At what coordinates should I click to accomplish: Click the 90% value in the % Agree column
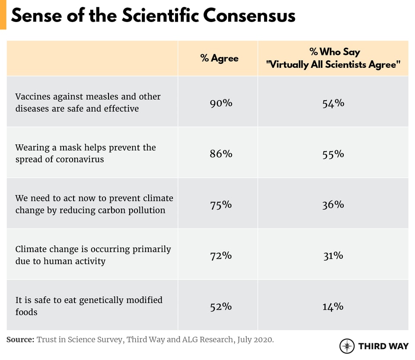tap(221, 103)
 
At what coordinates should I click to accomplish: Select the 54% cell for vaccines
tap(333, 103)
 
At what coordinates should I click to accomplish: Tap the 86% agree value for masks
tap(221, 153)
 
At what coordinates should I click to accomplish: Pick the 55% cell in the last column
tap(333, 153)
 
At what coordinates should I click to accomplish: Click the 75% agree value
tap(221, 204)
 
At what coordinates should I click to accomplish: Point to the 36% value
tap(333, 204)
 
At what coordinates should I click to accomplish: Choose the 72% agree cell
tap(221, 255)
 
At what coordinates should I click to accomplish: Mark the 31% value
tap(333, 255)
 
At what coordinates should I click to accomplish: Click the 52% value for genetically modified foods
tap(221, 306)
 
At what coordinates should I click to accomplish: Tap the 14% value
tap(333, 306)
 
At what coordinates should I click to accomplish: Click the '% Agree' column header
tap(219, 58)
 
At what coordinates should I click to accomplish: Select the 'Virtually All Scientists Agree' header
tap(333, 64)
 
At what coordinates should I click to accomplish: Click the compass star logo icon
tap(347, 346)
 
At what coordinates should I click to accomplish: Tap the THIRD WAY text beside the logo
tap(383, 346)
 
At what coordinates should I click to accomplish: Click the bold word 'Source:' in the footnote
tap(20, 340)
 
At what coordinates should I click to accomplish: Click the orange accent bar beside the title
tap(3, 15)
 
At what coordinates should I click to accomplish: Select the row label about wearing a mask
tap(85, 153)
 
